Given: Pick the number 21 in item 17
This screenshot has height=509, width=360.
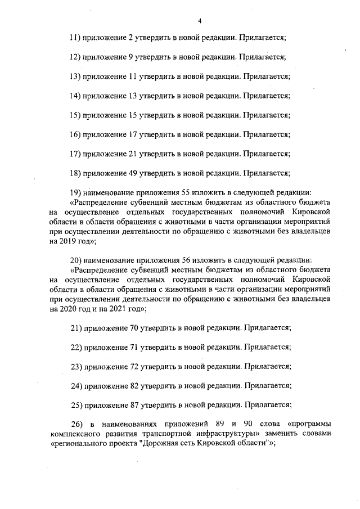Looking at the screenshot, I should point(133,154).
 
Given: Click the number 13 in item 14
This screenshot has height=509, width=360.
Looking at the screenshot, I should point(133,96).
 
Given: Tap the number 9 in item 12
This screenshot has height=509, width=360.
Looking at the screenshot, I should point(131,57).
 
